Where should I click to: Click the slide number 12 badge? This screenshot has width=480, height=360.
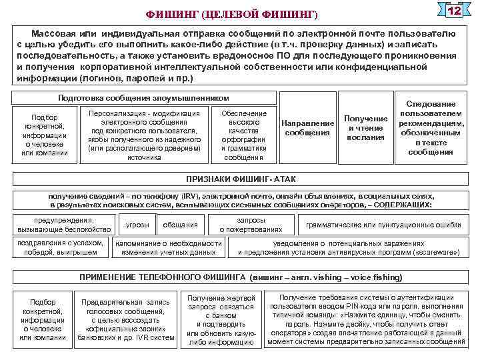454,12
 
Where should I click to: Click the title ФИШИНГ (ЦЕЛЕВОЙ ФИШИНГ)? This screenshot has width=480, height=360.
232,14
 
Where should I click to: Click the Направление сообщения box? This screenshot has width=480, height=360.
307,128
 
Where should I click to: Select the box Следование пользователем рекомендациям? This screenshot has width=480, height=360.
431,128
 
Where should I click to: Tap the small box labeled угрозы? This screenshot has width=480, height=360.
137,225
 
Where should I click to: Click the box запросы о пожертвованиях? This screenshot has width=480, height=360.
251,225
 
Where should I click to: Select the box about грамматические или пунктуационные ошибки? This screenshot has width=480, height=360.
383,225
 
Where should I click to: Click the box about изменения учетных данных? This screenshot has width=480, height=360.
169,248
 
